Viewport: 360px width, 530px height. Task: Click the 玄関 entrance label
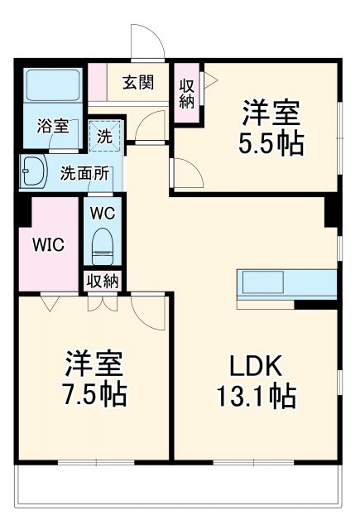[139, 82]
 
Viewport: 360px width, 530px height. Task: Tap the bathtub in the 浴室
[50, 85]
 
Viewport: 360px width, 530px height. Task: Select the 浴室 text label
[52, 127]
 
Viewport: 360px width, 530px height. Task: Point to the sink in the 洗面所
[36, 172]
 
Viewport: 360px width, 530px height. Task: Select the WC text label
[102, 212]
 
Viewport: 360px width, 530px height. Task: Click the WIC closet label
[47, 245]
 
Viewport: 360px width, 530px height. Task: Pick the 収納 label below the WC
[103, 281]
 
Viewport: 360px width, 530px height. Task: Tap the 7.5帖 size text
[95, 393]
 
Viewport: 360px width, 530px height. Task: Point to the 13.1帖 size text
[257, 396]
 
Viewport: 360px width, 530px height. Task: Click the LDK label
[257, 364]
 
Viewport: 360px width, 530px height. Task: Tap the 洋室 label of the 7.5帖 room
[95, 362]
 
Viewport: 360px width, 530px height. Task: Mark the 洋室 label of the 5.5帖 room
[271, 111]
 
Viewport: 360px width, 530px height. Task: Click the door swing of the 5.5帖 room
[186, 175]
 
